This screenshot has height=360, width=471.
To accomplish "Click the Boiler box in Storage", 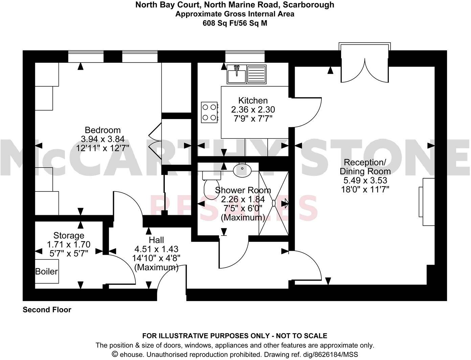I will coord(47,271).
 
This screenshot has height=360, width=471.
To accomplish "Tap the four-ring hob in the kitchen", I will coord(209,112).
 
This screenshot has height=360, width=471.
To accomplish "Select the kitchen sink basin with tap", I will coord(237,74).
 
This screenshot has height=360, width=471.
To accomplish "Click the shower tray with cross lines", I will coord(273,203).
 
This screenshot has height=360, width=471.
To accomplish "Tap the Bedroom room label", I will coord(103,130).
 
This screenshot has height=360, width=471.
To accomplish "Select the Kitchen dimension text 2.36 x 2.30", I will coord(253,110).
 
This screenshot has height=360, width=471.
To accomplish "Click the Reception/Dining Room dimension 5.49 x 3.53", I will coord(365,180).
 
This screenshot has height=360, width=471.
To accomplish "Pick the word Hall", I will coord(156,240).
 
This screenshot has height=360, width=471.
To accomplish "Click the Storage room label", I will coord(69,235).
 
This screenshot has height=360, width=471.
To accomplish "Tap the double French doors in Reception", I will coord(365,64).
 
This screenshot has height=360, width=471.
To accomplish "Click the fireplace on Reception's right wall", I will coord(427,202).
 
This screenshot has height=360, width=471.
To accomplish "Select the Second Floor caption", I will coord(47,310).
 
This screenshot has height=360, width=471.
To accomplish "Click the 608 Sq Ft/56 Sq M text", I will coord(235,23).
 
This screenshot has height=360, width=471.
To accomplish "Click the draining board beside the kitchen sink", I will coord(256,74).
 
